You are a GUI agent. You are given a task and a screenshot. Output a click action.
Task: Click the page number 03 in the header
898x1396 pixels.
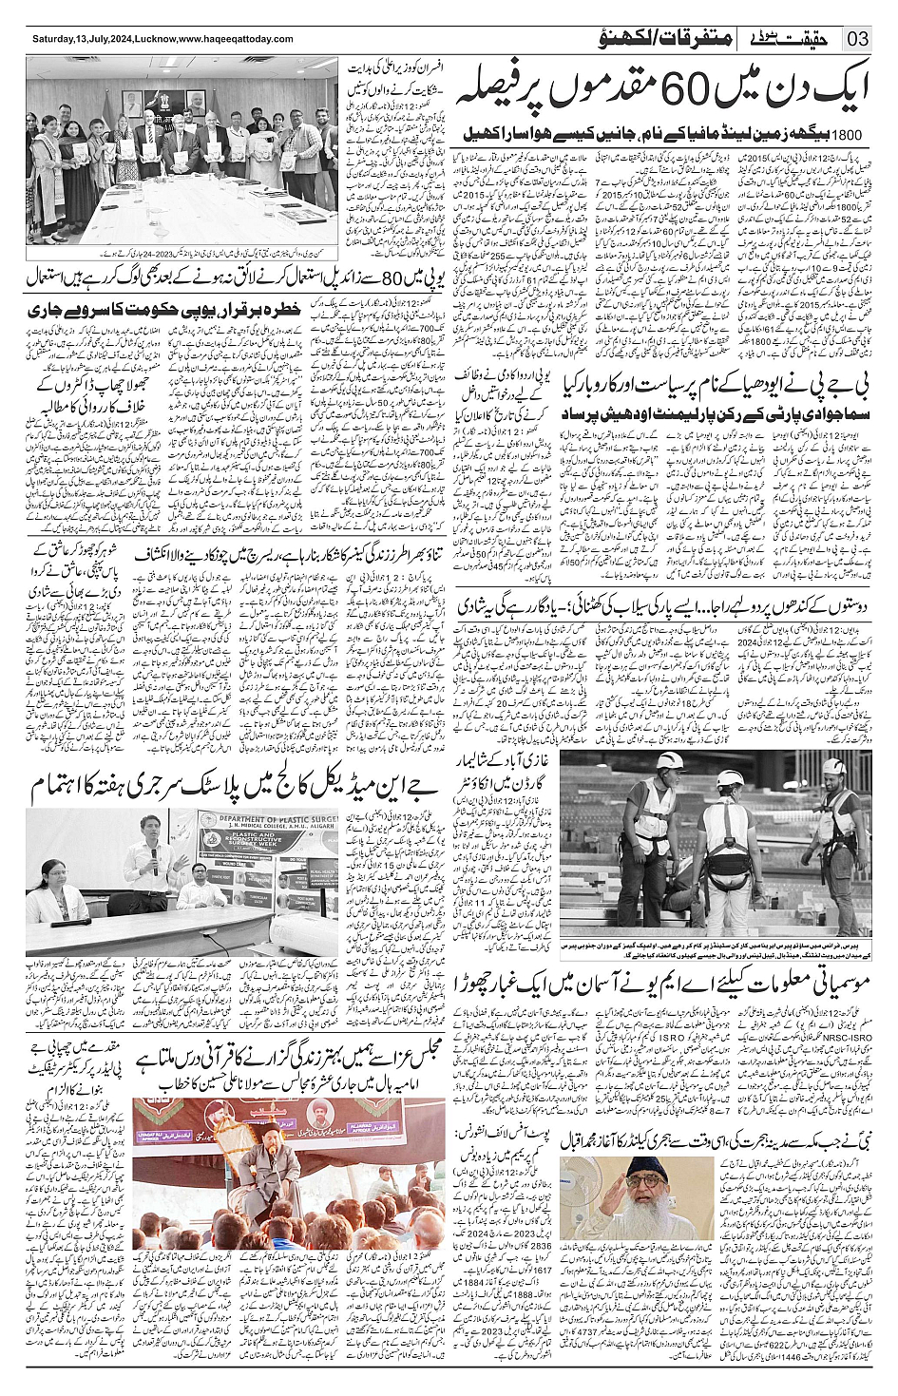(857, 39)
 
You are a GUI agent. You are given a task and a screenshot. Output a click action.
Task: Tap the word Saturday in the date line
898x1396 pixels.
(53, 39)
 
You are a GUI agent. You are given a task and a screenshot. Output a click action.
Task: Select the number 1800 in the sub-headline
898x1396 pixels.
(849, 135)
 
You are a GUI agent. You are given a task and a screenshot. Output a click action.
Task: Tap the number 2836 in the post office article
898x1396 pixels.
(540, 1246)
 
